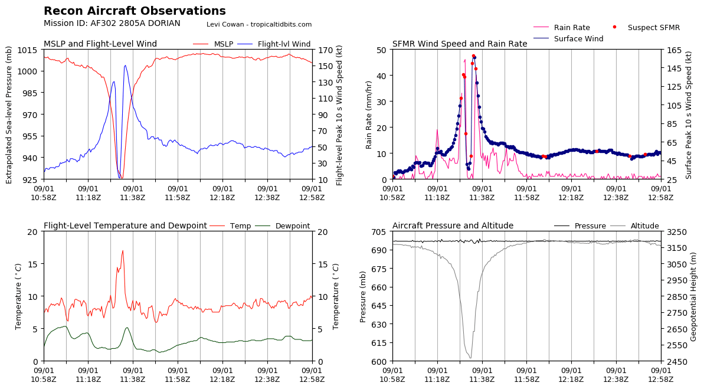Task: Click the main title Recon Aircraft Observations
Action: (135, 11)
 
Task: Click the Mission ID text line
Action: (112, 24)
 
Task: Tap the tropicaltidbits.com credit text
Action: (259, 24)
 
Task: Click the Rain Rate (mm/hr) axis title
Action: (369, 115)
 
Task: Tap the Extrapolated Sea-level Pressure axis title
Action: (9, 115)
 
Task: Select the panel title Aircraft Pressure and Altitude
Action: (453, 226)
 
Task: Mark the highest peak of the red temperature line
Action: (123, 251)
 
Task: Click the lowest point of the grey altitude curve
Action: (470, 358)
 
